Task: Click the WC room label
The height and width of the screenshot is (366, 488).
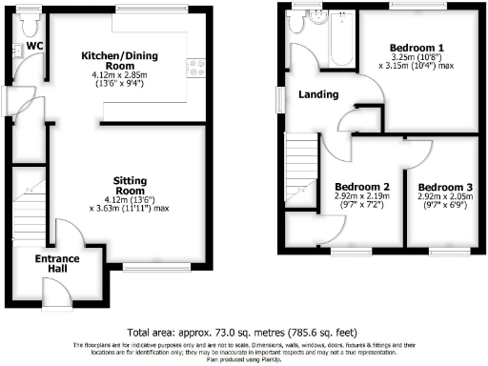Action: (34, 45)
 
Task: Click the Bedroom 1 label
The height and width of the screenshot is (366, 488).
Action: (416, 47)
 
